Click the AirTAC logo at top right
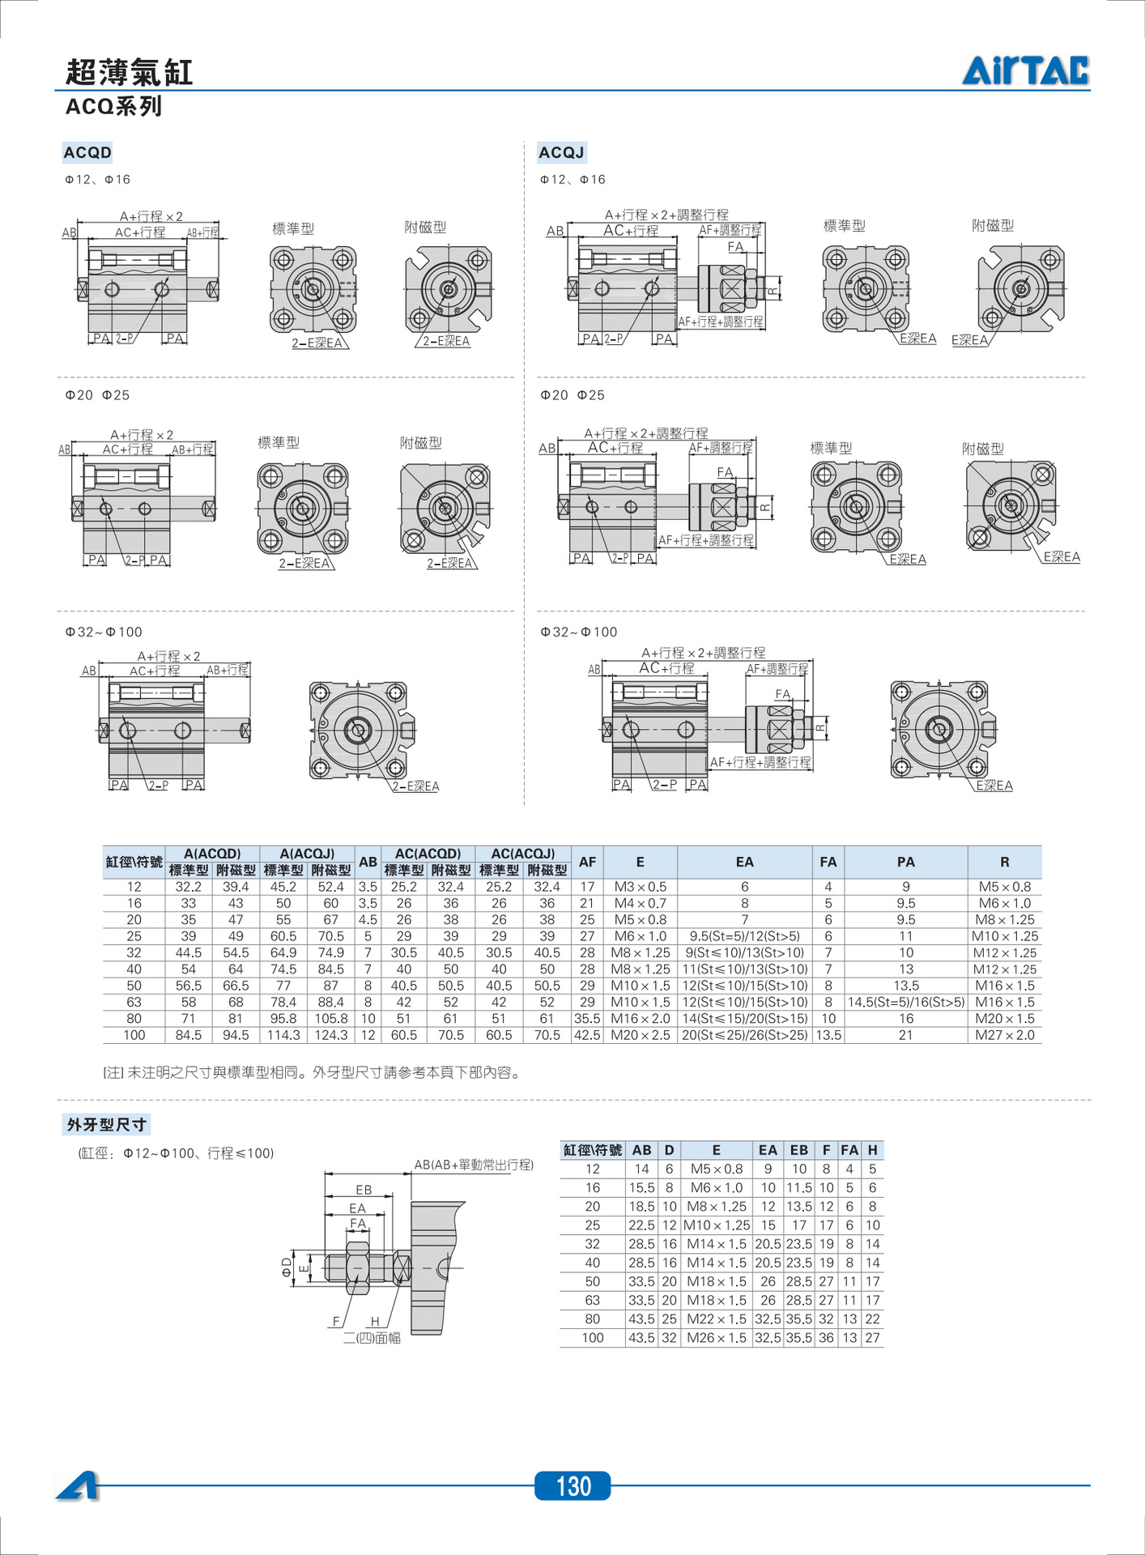click(1025, 70)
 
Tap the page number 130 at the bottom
click(572, 1486)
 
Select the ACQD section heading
click(87, 152)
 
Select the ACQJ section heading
click(561, 152)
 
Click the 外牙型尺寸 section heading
click(106, 1124)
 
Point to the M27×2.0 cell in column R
click(1004, 1035)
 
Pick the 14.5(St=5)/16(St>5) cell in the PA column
click(905, 1002)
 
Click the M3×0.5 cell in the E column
click(640, 887)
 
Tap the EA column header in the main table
click(744, 862)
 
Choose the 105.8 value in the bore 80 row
click(331, 1019)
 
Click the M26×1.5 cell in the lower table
click(716, 1338)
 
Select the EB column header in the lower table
click(798, 1150)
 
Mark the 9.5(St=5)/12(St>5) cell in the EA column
click(744, 936)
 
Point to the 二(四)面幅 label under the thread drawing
click(372, 1338)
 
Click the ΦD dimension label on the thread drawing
click(287, 1267)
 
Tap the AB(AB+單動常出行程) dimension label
click(474, 1165)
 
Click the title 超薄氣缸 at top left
click(129, 72)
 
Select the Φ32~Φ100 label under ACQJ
click(578, 632)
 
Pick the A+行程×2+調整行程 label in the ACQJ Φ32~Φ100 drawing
click(703, 653)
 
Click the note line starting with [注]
click(311, 1072)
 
